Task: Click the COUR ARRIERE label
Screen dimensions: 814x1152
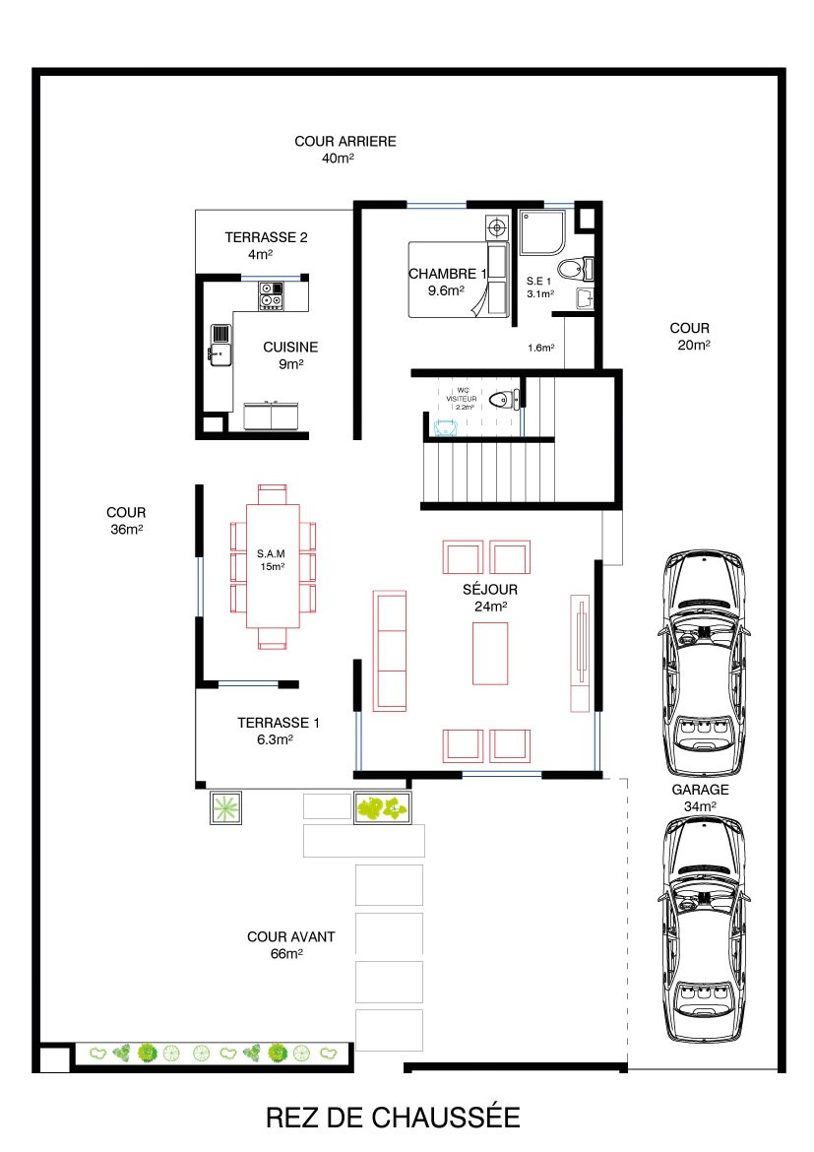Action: (x=345, y=141)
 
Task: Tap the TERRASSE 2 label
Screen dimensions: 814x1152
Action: (x=266, y=237)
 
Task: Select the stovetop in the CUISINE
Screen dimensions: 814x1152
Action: (x=271, y=295)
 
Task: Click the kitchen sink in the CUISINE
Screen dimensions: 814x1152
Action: (x=220, y=345)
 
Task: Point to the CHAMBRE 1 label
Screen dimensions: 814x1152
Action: (x=448, y=274)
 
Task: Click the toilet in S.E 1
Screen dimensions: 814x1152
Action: (x=575, y=268)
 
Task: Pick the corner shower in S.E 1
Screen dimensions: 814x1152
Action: (x=543, y=233)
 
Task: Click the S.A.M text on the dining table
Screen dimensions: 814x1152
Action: (x=271, y=553)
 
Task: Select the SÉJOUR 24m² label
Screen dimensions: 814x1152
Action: (x=490, y=598)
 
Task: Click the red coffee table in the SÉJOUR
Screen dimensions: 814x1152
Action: (x=490, y=653)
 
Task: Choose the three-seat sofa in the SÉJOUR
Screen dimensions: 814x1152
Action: (x=390, y=651)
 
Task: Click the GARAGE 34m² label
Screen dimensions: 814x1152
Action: (x=700, y=798)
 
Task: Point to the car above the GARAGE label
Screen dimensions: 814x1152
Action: (x=703, y=663)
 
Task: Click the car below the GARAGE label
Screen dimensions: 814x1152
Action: (x=704, y=929)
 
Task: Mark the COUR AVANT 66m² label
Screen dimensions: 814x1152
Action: (x=291, y=945)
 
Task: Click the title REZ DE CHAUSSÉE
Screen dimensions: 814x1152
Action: (x=393, y=1118)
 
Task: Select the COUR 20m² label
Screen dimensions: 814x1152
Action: (x=690, y=336)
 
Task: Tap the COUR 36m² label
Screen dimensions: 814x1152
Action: (x=126, y=520)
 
